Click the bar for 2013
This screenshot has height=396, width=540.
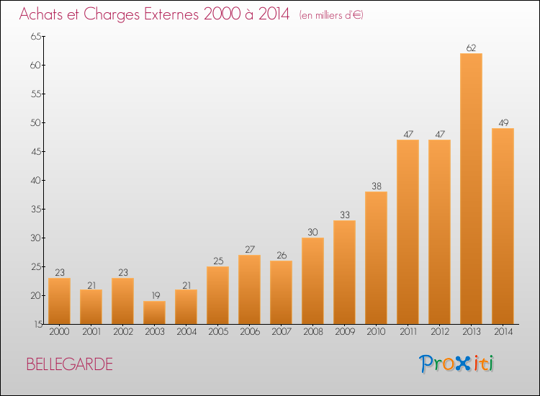coord(471,189)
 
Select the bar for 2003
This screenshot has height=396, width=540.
coord(154,312)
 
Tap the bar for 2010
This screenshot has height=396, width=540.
coord(376,258)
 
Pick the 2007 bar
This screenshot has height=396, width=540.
coord(281,292)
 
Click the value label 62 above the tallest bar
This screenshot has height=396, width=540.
coord(471,48)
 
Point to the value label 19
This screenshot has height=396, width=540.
coord(156,295)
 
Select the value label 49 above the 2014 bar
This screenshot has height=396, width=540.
coord(503,123)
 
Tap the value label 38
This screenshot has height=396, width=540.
coord(377,186)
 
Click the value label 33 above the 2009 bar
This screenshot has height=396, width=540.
coord(345,215)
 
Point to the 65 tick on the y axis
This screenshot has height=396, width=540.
coord(36,36)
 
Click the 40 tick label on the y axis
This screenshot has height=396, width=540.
coord(36,180)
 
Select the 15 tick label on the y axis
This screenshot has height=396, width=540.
coord(38,324)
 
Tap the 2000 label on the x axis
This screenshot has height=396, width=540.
coord(59,332)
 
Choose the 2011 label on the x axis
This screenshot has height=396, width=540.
coord(408,332)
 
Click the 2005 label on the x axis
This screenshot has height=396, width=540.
coord(218,332)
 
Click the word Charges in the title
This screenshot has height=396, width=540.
coord(112,15)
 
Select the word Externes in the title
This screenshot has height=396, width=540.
coord(171,14)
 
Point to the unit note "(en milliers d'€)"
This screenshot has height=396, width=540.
coord(331,15)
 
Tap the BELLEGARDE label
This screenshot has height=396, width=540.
coord(70,364)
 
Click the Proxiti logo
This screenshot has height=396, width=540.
coord(456,364)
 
